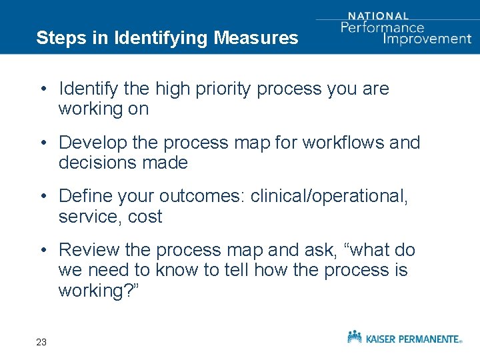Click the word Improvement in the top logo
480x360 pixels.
pos(427,38)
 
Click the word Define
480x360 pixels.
pos(83,197)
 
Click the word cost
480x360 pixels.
pos(145,217)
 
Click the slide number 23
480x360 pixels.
pos(41,342)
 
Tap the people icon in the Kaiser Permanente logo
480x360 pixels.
pos(355,336)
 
